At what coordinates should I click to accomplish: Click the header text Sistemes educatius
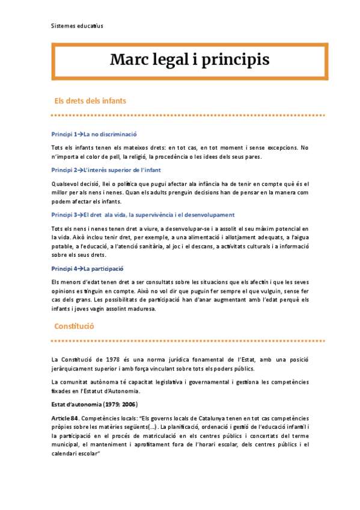point(77,26)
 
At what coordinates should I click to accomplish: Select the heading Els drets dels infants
point(90,101)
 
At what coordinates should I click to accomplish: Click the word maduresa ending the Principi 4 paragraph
point(139,309)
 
